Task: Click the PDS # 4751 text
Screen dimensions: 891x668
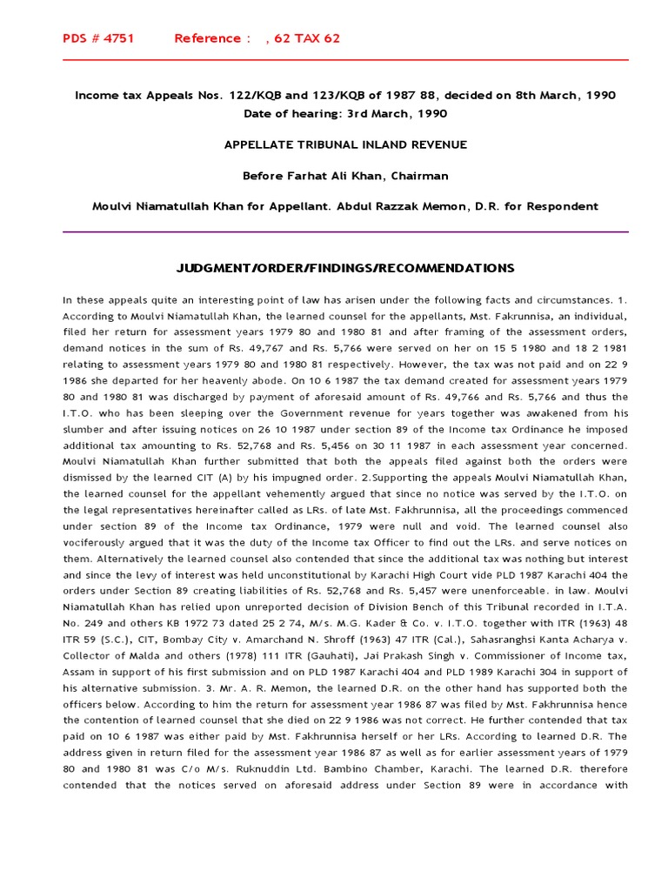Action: [98, 38]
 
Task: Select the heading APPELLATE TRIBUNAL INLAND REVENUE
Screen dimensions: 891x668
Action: [345, 144]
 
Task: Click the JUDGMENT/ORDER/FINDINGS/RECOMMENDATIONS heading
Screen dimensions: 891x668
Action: [345, 268]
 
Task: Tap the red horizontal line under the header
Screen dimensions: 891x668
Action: [345, 60]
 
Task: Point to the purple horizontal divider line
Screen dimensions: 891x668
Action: [345, 232]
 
